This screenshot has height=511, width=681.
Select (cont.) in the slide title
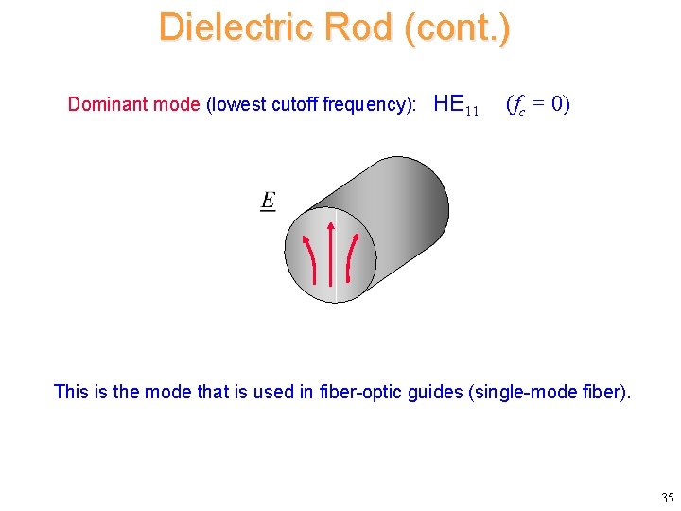tap(456, 26)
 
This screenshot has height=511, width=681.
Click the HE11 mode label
tap(456, 105)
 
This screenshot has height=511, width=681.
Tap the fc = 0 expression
tap(537, 104)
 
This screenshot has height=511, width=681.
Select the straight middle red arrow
tap(330, 254)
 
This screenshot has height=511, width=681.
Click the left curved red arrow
tap(309, 257)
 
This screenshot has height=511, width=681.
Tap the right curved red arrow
tap(351, 257)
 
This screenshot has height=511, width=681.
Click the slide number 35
tap(667, 498)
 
